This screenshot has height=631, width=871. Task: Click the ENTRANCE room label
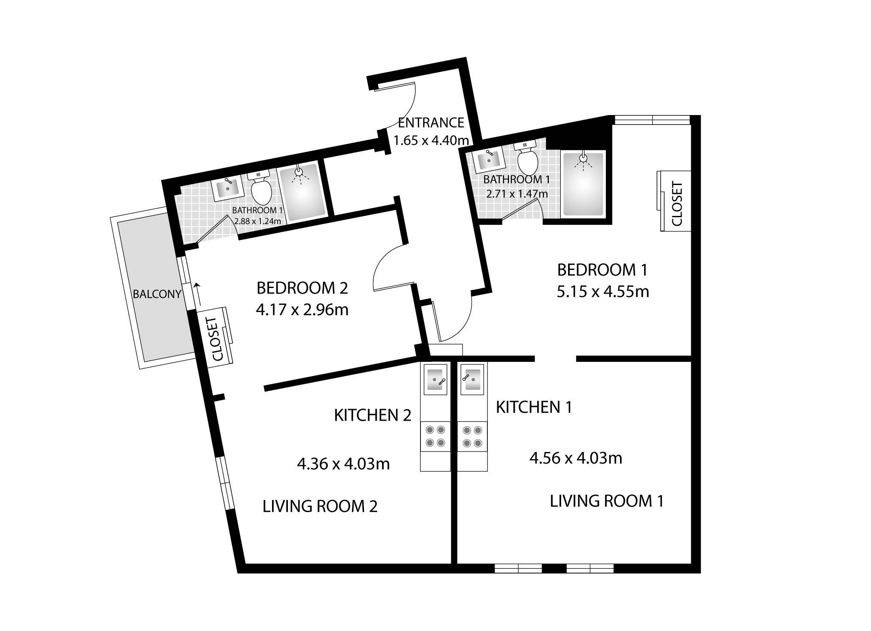point(431,123)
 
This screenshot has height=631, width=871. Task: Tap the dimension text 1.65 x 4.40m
point(431,140)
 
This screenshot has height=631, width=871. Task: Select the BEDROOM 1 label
point(602,270)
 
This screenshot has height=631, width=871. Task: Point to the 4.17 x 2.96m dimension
point(302,309)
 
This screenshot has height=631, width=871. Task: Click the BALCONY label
point(157,294)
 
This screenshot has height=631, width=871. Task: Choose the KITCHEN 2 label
point(372,415)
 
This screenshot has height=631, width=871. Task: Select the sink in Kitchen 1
point(472,379)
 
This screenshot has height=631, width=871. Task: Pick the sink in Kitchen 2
point(435,379)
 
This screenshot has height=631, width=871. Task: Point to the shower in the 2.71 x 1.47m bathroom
point(584,184)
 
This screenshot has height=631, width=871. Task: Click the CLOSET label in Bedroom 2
point(218,339)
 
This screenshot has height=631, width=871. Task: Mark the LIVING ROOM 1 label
point(607,501)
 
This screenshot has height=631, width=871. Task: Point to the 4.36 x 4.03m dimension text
point(343,464)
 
